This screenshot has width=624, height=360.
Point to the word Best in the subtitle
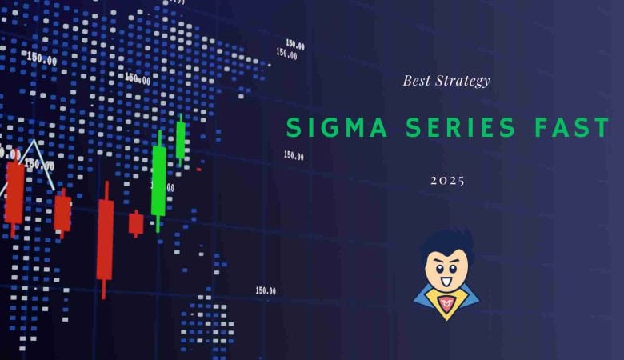pyautogui.click(x=416, y=81)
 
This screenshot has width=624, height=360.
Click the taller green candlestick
pyautogui.click(x=158, y=180)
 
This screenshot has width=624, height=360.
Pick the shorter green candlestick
pyautogui.click(x=181, y=140)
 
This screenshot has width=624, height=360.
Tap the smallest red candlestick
pyautogui.click(x=136, y=222)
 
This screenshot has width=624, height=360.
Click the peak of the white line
pyautogui.click(x=33, y=142)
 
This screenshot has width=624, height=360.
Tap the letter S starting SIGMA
pyautogui.click(x=293, y=128)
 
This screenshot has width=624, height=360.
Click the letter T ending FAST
pyautogui.click(x=604, y=128)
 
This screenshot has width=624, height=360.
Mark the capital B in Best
pyautogui.click(x=406, y=81)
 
